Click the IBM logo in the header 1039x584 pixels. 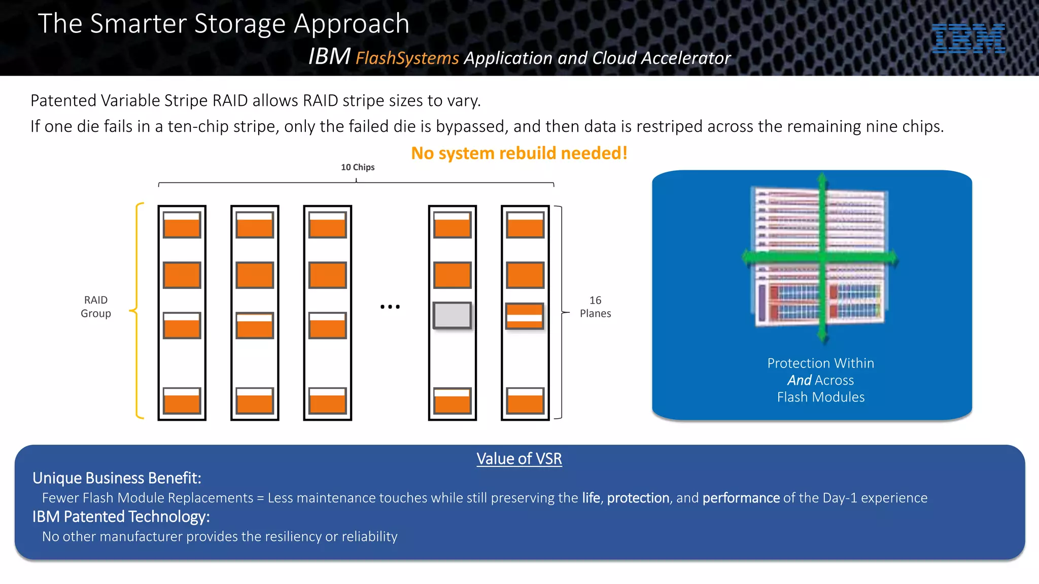[x=968, y=39]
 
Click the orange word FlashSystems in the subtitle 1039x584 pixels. [x=407, y=58]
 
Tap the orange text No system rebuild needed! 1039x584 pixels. [x=519, y=153]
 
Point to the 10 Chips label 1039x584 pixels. [x=358, y=167]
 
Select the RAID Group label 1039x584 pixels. [x=96, y=307]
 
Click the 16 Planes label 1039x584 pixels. [x=595, y=307]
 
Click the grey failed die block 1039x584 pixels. [x=452, y=315]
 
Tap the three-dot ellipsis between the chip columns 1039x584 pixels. [x=390, y=307]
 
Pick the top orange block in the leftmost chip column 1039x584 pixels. [x=182, y=225]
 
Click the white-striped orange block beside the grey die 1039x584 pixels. [x=525, y=316]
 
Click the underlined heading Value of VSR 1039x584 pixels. [x=519, y=459]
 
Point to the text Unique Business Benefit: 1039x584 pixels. [x=117, y=478]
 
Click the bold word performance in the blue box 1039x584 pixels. [x=741, y=498]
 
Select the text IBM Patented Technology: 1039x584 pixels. [x=121, y=517]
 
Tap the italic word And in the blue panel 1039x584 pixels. [x=799, y=380]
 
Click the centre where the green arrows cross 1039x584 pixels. [x=822, y=258]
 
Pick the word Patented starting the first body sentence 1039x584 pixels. [x=64, y=101]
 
